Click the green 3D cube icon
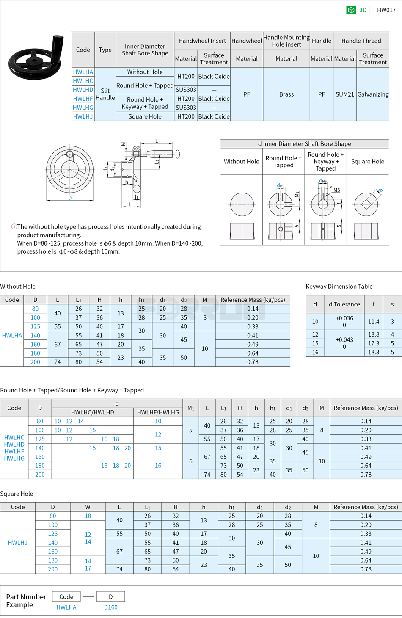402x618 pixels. coord(351,10)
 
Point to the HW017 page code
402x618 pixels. coord(386,10)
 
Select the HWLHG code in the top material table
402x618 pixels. coord(83,108)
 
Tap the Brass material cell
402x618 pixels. coord(286,94)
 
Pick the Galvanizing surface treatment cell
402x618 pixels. coord(373,94)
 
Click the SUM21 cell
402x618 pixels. coord(345,94)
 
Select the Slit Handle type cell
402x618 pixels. coord(105,94)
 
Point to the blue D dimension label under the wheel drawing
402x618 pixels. coord(70,198)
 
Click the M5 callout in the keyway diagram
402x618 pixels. coord(337,190)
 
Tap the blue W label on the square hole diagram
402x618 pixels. coord(380,190)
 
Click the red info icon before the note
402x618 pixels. coord(14,227)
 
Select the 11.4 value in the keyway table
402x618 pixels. coord(374,322)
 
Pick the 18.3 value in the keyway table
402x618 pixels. coord(374,352)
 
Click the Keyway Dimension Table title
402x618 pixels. coord(339,287)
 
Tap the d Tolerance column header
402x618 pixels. coord(344,304)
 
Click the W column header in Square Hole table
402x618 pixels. coord(88,507)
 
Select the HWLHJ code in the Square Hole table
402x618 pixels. coord(18,543)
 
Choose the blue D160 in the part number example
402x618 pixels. coord(111,607)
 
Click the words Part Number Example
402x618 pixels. coord(26,601)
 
